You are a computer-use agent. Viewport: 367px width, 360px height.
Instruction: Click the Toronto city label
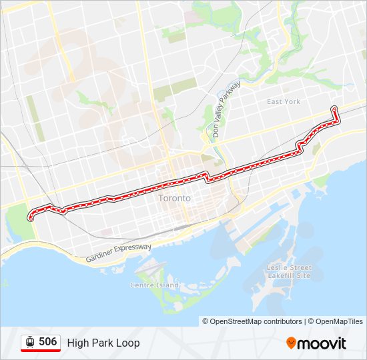174,198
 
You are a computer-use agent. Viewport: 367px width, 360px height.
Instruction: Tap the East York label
284,101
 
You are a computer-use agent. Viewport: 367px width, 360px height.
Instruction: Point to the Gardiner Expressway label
119,252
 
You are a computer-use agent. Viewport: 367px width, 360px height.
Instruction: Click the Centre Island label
154,285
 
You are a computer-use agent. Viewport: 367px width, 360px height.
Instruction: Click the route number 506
47,342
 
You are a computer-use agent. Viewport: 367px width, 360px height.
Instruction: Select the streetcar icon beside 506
30,342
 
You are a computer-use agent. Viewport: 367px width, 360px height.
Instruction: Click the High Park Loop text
103,343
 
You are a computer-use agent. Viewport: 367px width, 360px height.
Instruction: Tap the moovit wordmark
322,343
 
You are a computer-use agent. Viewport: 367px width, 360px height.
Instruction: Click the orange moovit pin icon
292,343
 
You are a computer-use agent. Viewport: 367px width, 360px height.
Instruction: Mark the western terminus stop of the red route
30,217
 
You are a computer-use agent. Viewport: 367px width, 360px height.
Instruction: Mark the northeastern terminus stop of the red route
334,108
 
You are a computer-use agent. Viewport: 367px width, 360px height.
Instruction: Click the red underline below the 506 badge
41,351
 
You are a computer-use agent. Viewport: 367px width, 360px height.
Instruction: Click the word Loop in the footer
129,343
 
